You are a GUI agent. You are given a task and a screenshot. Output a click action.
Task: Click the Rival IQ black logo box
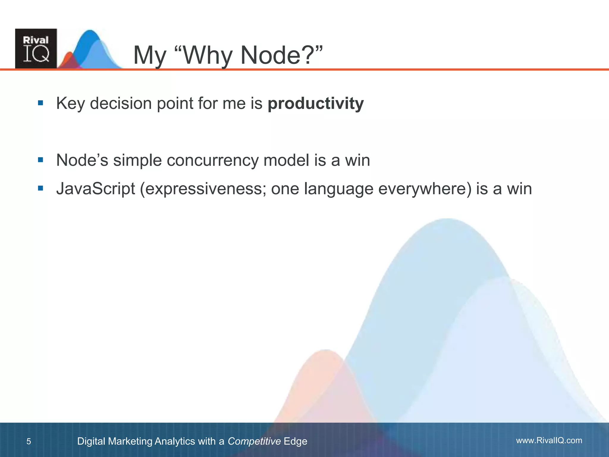(x=36, y=48)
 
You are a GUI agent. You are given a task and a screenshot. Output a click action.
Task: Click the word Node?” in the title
(x=281, y=55)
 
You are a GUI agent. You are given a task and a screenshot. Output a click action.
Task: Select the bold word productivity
(x=316, y=104)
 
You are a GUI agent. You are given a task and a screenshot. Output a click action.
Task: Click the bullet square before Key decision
(x=41, y=103)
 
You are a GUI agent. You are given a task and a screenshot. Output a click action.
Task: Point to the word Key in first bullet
(x=70, y=104)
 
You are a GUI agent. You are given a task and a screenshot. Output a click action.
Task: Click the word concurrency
(x=213, y=160)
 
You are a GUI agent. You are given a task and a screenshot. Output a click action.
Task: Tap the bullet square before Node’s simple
(x=41, y=160)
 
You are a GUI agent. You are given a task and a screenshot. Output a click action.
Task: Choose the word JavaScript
(x=95, y=189)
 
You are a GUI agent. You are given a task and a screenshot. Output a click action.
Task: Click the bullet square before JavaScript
(x=41, y=188)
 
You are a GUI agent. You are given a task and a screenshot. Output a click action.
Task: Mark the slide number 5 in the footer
(x=29, y=441)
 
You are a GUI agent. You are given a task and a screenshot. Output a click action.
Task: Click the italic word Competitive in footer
(x=254, y=441)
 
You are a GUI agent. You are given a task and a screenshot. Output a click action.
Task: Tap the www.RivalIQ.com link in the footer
(x=549, y=440)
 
